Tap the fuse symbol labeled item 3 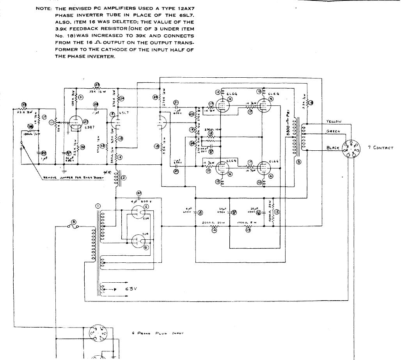click(x=73, y=226)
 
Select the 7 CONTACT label click(x=380, y=148)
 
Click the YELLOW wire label click(x=334, y=122)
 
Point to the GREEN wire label click(x=333, y=132)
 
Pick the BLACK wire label click(x=333, y=148)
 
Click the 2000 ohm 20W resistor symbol click(x=213, y=226)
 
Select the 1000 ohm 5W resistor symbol click(x=247, y=226)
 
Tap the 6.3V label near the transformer click(x=131, y=289)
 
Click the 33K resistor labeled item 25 click(x=96, y=89)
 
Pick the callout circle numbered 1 click(x=98, y=206)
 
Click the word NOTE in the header click(x=43, y=8)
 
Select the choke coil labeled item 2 click(x=116, y=179)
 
